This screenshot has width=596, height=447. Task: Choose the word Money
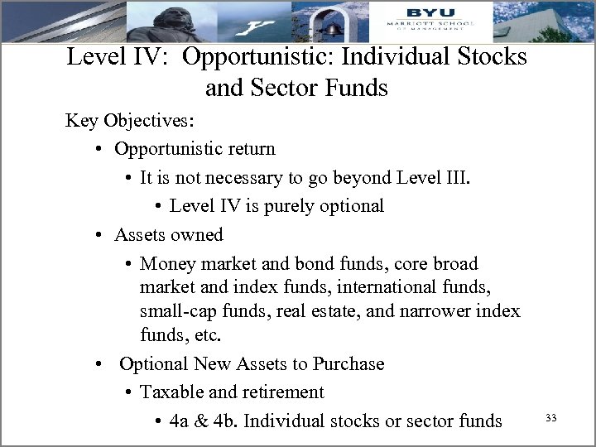pyautogui.click(x=168, y=263)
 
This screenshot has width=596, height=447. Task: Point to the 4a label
pyautogui.click(x=180, y=421)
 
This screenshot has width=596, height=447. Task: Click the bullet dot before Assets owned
pyautogui.click(x=98, y=235)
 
